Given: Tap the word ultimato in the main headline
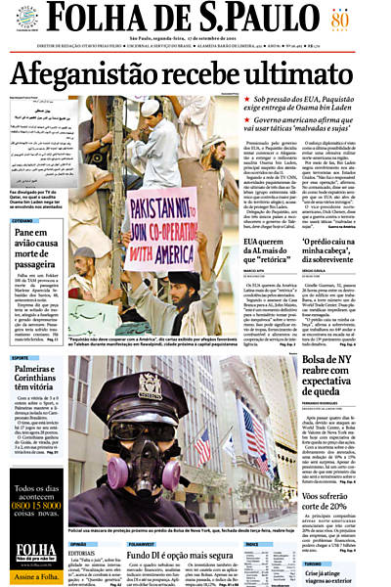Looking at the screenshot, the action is point(319,73).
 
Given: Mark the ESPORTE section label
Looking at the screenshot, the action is point(22,358).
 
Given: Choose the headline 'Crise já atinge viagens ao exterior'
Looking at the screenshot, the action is point(338,575).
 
